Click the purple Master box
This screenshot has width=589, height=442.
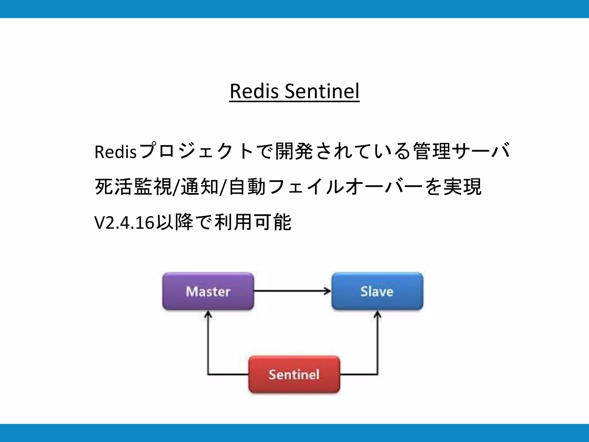click(x=208, y=291)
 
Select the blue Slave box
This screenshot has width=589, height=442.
click(x=377, y=291)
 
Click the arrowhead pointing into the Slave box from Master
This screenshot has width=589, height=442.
click(x=328, y=291)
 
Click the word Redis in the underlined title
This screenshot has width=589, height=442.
click(x=254, y=91)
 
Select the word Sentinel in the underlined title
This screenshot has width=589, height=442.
click(x=322, y=91)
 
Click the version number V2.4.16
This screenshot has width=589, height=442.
click(x=124, y=222)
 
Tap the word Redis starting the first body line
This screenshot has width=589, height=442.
click(x=115, y=152)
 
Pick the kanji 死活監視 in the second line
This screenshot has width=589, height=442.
click(x=133, y=187)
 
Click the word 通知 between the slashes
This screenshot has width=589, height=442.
click(x=200, y=187)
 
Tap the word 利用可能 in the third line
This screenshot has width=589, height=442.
click(x=253, y=222)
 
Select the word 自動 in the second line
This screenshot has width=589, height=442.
click(x=247, y=187)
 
